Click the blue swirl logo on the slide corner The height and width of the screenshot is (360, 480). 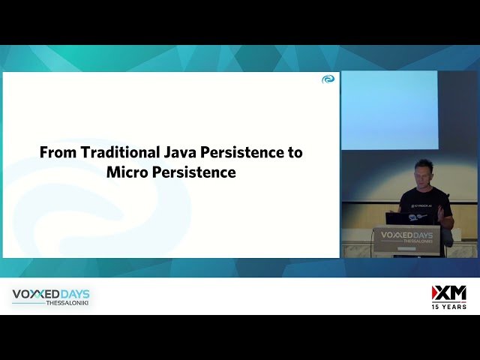328,79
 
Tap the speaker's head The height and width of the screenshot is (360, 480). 424,172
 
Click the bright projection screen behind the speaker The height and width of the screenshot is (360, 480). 389,109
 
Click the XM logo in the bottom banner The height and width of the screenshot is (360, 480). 448,293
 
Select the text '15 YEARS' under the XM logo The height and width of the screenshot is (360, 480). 448,307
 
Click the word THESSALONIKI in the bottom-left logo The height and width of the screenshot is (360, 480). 67,303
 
